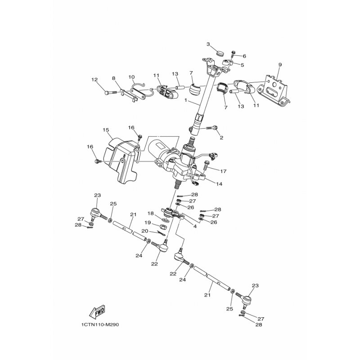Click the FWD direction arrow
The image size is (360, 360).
point(97,312)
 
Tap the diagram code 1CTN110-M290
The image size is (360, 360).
point(100,325)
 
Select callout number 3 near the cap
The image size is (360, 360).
point(208,44)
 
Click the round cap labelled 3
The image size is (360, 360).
point(220,53)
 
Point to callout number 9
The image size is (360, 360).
point(280,65)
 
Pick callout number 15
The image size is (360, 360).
point(106,130)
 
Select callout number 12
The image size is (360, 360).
point(94,80)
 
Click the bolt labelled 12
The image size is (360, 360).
point(111,93)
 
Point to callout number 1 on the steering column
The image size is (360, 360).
point(186,100)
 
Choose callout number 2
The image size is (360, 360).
point(221,138)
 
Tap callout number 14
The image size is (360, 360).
point(219,184)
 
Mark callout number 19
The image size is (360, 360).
point(148,222)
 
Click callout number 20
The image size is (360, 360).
point(145,231)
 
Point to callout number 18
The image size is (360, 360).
point(151,213)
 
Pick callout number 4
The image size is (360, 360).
point(195,226)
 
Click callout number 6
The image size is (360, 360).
point(244,56)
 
